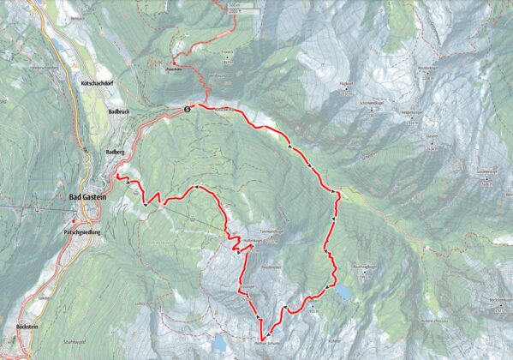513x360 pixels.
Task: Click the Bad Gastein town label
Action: click(x=88, y=197)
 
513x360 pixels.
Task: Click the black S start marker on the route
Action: click(x=187, y=109)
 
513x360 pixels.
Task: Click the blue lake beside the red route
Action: click(x=343, y=293)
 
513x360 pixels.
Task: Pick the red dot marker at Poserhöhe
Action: click(x=174, y=64)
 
